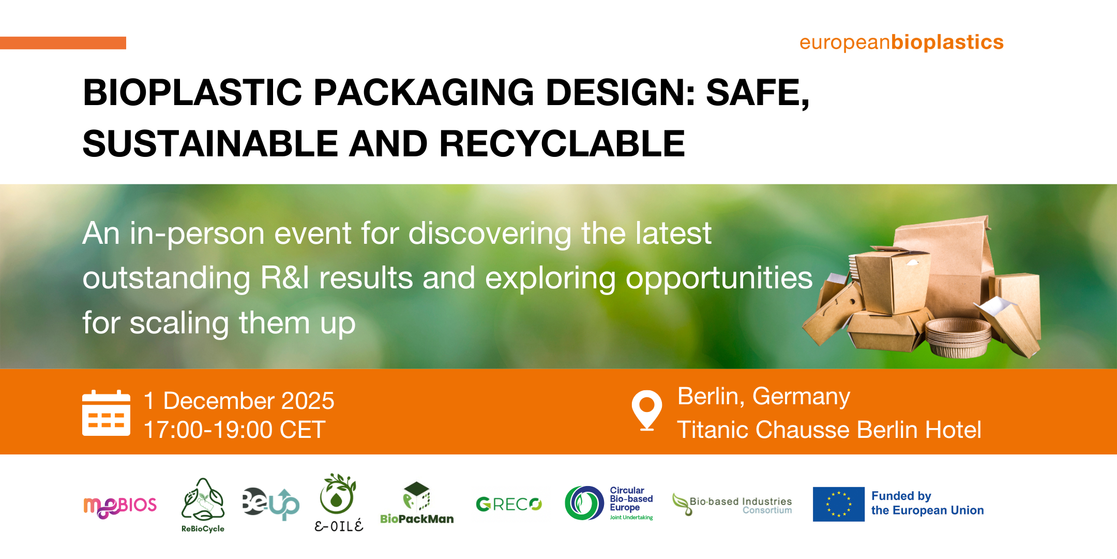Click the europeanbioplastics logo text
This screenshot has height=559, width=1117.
click(x=901, y=42)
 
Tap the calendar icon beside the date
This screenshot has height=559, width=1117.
click(x=106, y=413)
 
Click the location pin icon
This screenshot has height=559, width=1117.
click(x=646, y=410)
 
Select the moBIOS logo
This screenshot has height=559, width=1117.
click(x=120, y=506)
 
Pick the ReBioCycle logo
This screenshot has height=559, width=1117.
click(x=203, y=505)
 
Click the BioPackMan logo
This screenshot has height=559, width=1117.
click(x=417, y=503)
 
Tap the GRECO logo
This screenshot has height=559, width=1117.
click(x=509, y=504)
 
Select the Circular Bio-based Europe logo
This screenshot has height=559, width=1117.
click(x=609, y=503)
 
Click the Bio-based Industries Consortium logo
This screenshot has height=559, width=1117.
click(x=732, y=505)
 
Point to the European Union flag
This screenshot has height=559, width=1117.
click(x=838, y=504)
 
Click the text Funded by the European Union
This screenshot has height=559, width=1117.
click(x=927, y=503)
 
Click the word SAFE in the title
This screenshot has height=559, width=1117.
click(x=758, y=93)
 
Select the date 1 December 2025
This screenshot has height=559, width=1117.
click(x=239, y=401)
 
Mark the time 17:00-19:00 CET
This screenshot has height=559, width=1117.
click(x=235, y=430)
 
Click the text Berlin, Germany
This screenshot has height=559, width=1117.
click(x=764, y=397)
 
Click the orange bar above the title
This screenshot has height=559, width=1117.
click(x=63, y=43)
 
